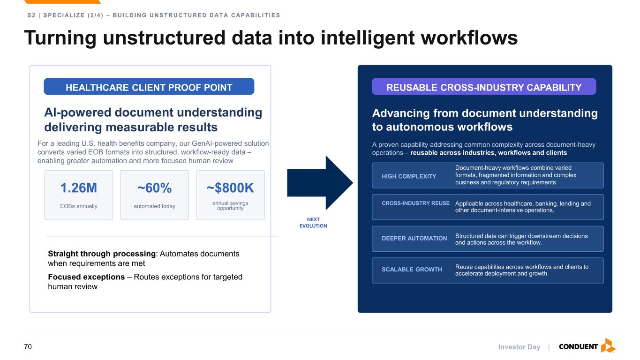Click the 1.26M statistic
tap(79, 188)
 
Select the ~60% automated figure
tap(154, 188)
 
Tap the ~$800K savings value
tap(230, 188)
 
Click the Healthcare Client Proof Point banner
tap(149, 87)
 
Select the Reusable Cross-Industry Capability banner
tap(484, 87)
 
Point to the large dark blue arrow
tap(320, 183)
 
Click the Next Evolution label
tap(313, 223)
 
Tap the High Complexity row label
tap(409, 176)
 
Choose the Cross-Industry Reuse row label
tap(416, 203)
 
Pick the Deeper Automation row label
tap(414, 238)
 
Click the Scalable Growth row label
tap(412, 270)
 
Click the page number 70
tap(28, 346)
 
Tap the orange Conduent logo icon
tap(608, 345)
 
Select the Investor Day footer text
tap(519, 347)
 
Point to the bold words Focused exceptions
tap(86, 277)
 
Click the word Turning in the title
tap(60, 38)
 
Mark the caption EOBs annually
tap(79, 206)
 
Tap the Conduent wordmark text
tap(578, 346)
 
